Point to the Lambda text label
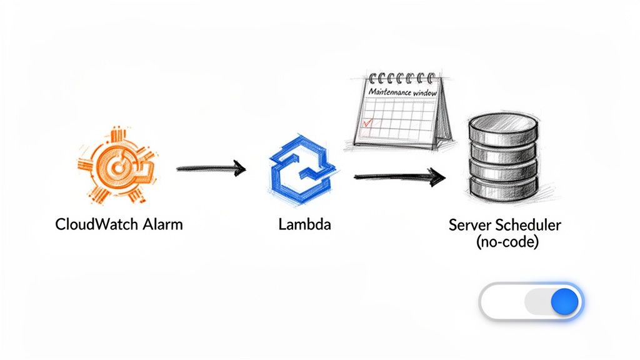point(304,224)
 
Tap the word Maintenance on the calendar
point(388,92)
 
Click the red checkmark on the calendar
point(367,124)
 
